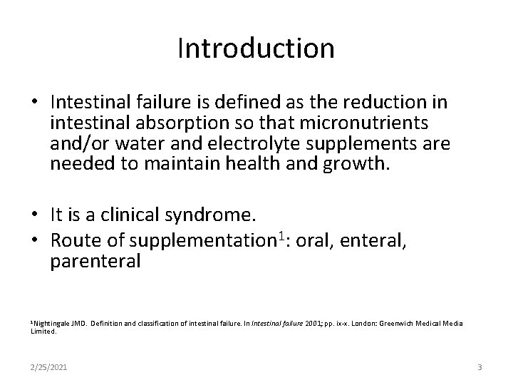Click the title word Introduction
256,48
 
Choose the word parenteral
96,262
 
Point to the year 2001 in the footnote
311,324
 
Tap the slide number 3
480,367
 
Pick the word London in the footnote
369,324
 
